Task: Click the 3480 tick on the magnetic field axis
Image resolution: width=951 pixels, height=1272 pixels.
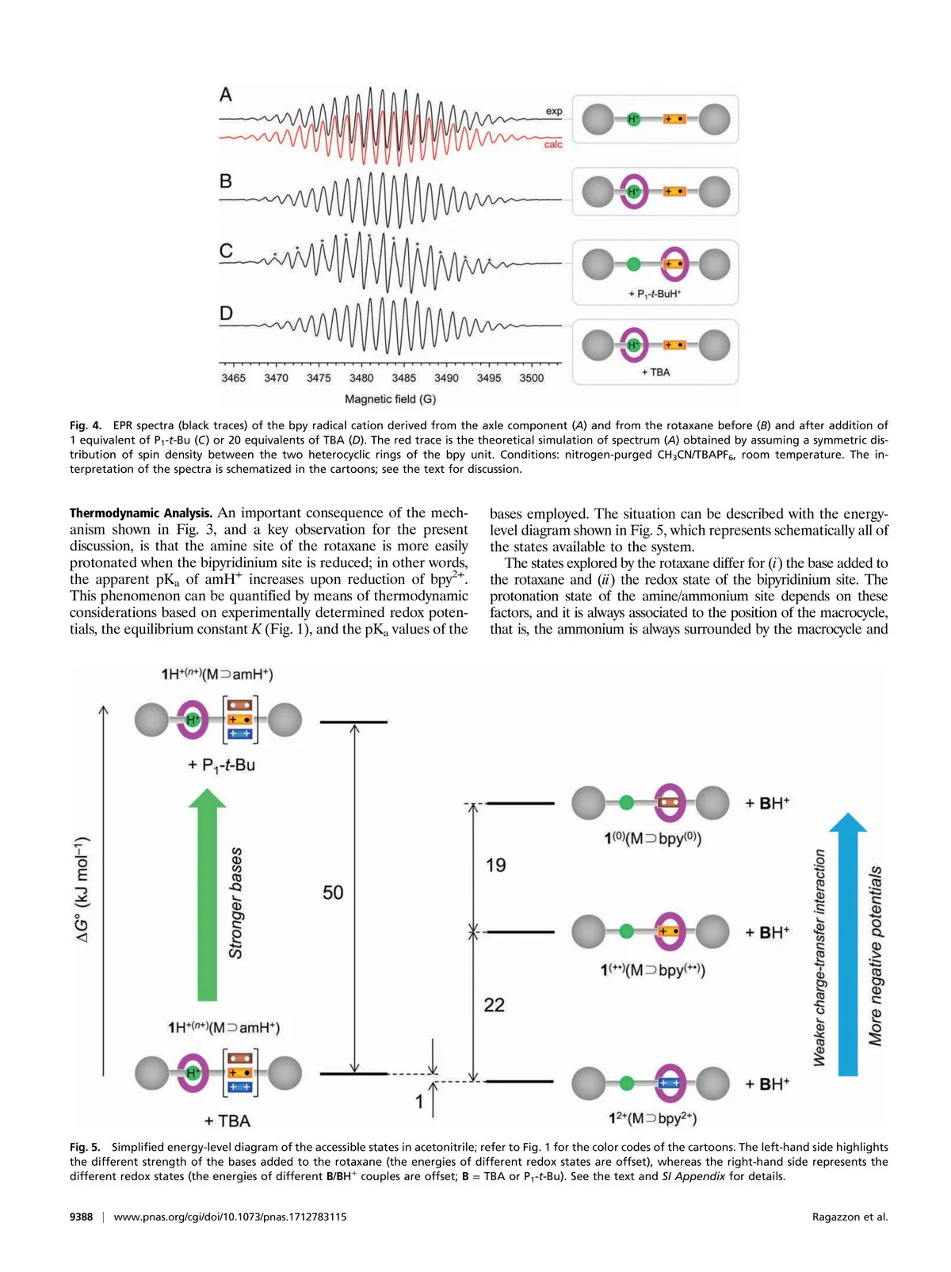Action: pyautogui.click(x=361, y=378)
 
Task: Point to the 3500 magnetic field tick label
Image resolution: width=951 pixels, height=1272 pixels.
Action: pyautogui.click(x=532, y=378)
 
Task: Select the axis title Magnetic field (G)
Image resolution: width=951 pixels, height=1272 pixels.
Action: pyautogui.click(x=390, y=399)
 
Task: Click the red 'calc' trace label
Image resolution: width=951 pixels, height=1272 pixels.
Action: pyautogui.click(x=553, y=144)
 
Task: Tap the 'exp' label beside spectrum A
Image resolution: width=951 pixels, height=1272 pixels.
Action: pyautogui.click(x=554, y=112)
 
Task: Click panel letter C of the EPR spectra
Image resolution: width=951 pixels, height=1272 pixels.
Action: pyautogui.click(x=226, y=251)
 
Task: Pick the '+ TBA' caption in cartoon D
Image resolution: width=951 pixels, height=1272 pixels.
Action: pyautogui.click(x=655, y=372)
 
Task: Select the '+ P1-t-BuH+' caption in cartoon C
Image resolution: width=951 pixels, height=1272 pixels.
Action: pyautogui.click(x=655, y=294)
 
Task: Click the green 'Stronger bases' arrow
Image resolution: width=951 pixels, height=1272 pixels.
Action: pyautogui.click(x=207, y=895)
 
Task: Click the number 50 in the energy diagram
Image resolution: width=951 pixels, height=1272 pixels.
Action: pyautogui.click(x=333, y=893)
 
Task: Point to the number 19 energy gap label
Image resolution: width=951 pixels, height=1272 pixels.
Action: pyautogui.click(x=495, y=865)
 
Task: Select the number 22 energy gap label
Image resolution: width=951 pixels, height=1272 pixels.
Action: pyautogui.click(x=494, y=1005)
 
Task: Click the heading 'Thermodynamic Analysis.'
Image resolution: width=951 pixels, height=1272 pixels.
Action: pyautogui.click(x=141, y=513)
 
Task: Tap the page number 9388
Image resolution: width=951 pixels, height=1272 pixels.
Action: pyautogui.click(x=81, y=1217)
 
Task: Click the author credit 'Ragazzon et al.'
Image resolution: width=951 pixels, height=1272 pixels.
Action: pyautogui.click(x=850, y=1217)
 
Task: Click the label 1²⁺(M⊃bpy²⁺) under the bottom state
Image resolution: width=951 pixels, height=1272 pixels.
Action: pyautogui.click(x=652, y=1118)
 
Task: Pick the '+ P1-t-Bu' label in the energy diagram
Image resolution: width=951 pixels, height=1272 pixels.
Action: pyautogui.click(x=221, y=765)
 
